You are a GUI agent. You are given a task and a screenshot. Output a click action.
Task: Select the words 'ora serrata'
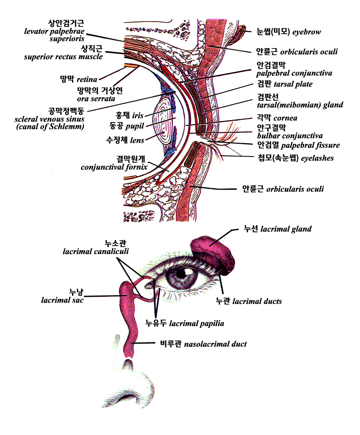point(96,99)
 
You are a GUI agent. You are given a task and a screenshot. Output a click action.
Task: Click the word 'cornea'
point(285,118)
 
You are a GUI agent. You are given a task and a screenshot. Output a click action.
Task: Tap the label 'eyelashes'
point(317,158)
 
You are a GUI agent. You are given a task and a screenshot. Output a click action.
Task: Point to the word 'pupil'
point(134,126)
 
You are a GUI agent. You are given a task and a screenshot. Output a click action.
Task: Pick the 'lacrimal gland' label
point(286,229)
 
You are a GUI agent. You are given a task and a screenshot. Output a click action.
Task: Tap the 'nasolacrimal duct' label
point(215,344)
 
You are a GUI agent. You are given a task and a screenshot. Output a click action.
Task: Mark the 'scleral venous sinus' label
point(49,119)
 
